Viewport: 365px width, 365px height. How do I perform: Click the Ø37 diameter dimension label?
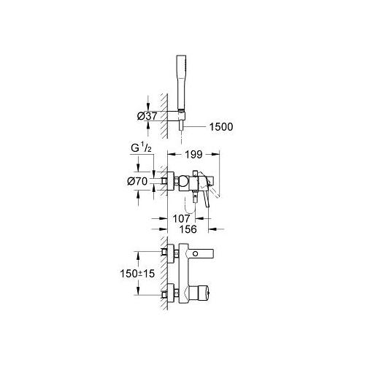tap(147, 116)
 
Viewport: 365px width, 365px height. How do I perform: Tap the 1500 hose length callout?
tap(221, 127)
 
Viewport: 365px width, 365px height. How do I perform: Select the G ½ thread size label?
tap(141, 148)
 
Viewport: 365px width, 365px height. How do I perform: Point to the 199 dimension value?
tap(193, 154)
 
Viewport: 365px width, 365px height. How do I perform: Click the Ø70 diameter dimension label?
tap(137, 181)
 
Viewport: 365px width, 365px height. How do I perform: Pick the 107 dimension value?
tap(181, 218)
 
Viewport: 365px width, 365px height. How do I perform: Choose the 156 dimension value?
tap(188, 229)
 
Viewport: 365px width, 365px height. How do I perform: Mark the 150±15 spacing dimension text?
tap(137, 274)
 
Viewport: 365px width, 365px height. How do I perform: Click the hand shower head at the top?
tap(181, 82)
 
